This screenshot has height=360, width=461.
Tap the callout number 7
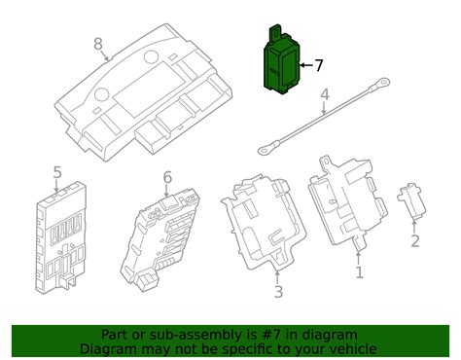[x=318, y=66]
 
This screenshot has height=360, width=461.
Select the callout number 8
[x=97, y=44]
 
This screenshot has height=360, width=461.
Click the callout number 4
[x=325, y=95]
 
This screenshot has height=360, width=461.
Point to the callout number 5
[x=57, y=173]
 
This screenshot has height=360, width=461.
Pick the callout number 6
[x=167, y=177]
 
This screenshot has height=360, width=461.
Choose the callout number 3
[x=277, y=291]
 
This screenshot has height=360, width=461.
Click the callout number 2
[x=415, y=241]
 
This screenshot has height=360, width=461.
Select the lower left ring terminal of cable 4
[x=264, y=150]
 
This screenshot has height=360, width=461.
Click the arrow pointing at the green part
[x=303, y=66]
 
